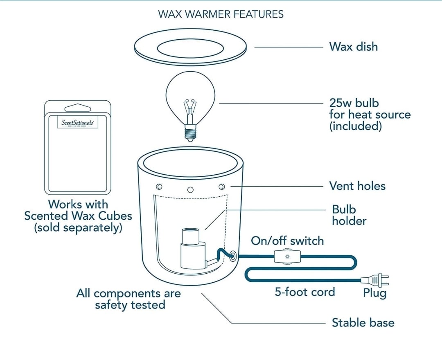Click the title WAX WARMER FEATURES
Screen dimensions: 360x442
[221, 14]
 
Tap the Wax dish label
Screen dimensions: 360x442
[353, 47]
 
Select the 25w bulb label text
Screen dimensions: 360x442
[370, 114]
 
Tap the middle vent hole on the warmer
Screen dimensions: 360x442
[190, 189]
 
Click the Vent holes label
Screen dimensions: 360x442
[357, 186]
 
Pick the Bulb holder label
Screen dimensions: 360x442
[349, 215]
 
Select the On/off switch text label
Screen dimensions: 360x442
[287, 241]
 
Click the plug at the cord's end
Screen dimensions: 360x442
[375, 280]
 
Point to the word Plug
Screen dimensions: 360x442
[374, 293]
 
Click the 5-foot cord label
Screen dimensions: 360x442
[304, 292]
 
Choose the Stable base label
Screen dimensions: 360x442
[363, 322]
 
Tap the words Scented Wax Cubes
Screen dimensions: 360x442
[78, 216]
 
